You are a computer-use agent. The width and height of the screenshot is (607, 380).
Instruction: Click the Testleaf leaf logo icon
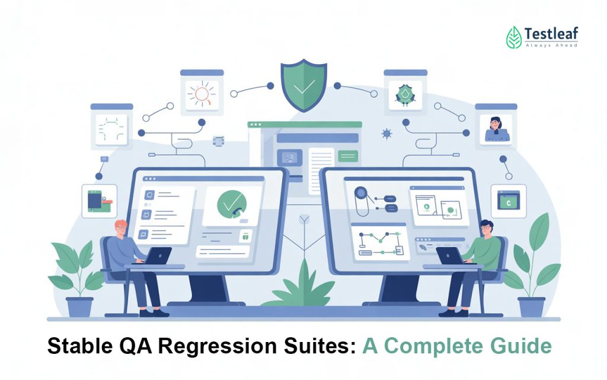click(x=514, y=37)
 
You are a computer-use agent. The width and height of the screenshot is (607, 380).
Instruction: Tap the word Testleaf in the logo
click(x=551, y=33)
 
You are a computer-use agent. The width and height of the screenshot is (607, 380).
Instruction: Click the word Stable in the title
click(x=76, y=347)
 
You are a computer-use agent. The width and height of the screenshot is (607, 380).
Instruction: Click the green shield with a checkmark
click(x=303, y=84)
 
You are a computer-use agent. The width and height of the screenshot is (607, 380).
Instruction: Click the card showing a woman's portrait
click(x=496, y=127)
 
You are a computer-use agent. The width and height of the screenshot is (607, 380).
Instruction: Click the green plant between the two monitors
click(x=303, y=285)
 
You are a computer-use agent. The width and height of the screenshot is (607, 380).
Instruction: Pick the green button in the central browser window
click(x=347, y=156)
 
